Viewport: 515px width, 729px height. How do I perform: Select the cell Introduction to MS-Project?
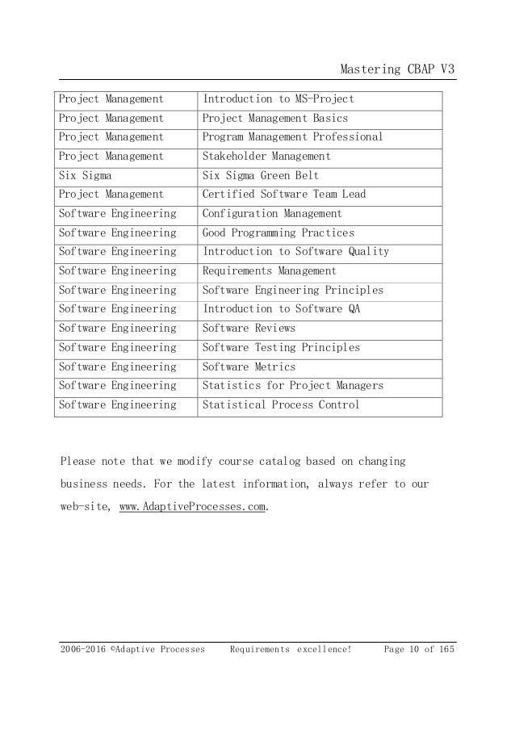pos(278,99)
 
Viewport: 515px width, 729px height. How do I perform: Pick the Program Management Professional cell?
pos(292,137)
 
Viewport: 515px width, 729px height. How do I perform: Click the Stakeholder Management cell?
pos(266,157)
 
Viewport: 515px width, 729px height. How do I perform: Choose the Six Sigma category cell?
pos(86,175)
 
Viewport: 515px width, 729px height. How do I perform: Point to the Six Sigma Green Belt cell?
pos(260,175)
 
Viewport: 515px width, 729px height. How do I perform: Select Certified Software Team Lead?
pos(283,195)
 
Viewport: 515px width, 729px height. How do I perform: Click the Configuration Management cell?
pos(272,214)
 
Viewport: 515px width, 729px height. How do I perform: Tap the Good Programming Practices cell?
pos(278,233)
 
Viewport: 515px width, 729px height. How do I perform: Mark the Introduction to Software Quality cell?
pos(295,252)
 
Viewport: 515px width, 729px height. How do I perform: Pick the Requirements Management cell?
pos(269,271)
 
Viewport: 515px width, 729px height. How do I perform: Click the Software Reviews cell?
pos(249,329)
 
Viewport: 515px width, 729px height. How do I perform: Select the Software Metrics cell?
pos(249,367)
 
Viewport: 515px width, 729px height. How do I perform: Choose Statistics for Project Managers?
pos(292,386)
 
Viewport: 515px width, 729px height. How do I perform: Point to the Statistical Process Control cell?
pos(280,404)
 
